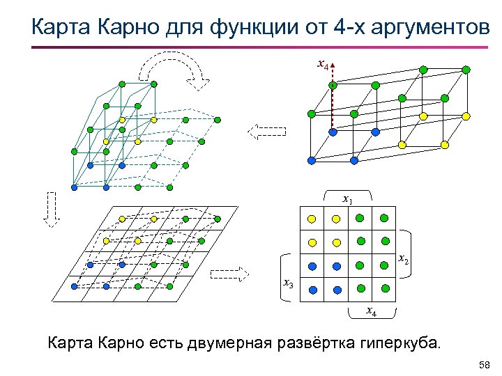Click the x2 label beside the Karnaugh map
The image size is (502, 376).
coord(403,260)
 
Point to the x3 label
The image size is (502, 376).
coord(287,283)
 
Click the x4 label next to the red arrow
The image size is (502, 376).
coord(322,65)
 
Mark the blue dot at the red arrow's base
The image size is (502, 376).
coord(333,132)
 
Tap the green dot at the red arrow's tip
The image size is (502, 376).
coord(333,85)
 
